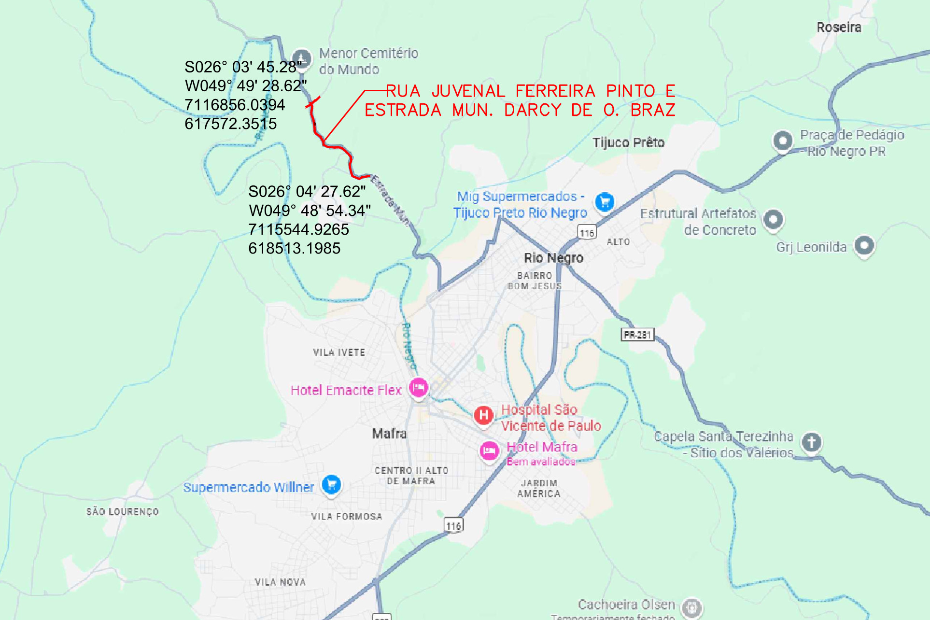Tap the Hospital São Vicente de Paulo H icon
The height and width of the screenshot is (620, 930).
483,415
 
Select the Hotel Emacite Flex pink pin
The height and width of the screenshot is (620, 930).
419,387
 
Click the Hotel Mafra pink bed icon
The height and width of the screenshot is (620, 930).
489,451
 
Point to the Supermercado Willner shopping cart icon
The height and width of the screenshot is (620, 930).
331,484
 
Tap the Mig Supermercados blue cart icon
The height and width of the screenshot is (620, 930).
605,201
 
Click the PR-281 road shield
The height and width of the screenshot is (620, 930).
637,335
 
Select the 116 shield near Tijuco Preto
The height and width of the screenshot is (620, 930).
587,233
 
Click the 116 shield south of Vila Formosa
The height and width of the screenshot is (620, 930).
453,525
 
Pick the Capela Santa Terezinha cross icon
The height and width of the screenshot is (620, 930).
811,442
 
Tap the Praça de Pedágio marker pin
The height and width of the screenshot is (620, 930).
783,141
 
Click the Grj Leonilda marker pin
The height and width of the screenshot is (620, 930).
864,245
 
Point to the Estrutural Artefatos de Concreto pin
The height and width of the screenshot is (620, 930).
773,219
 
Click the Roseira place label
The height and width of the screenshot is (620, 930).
839,28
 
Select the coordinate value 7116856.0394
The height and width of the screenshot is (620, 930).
235,105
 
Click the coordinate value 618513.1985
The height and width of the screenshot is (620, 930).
294,248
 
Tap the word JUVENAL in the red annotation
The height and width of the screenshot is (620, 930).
468,91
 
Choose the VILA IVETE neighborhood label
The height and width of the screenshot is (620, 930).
339,352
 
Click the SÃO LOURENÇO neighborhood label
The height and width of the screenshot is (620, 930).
123,512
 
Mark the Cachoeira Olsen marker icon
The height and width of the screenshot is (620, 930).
692,607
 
